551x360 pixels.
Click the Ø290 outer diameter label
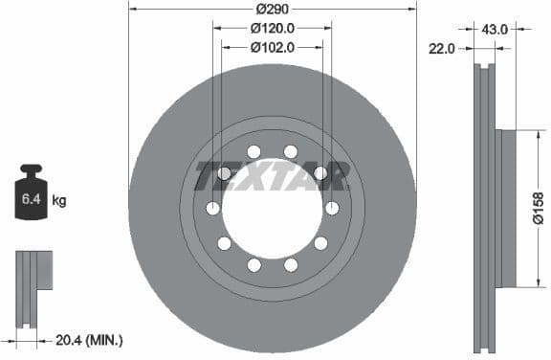click(272, 9)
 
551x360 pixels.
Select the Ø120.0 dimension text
click(272, 28)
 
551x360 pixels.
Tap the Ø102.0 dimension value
click(272, 46)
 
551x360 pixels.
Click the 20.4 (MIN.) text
click(89, 339)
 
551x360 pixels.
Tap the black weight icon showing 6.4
click(31, 196)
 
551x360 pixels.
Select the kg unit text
click(59, 200)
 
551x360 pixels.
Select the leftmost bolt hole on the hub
click(212, 209)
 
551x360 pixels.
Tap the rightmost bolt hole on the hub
click(333, 209)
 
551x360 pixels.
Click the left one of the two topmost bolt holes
click(253, 151)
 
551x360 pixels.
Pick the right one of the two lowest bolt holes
click(291, 264)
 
